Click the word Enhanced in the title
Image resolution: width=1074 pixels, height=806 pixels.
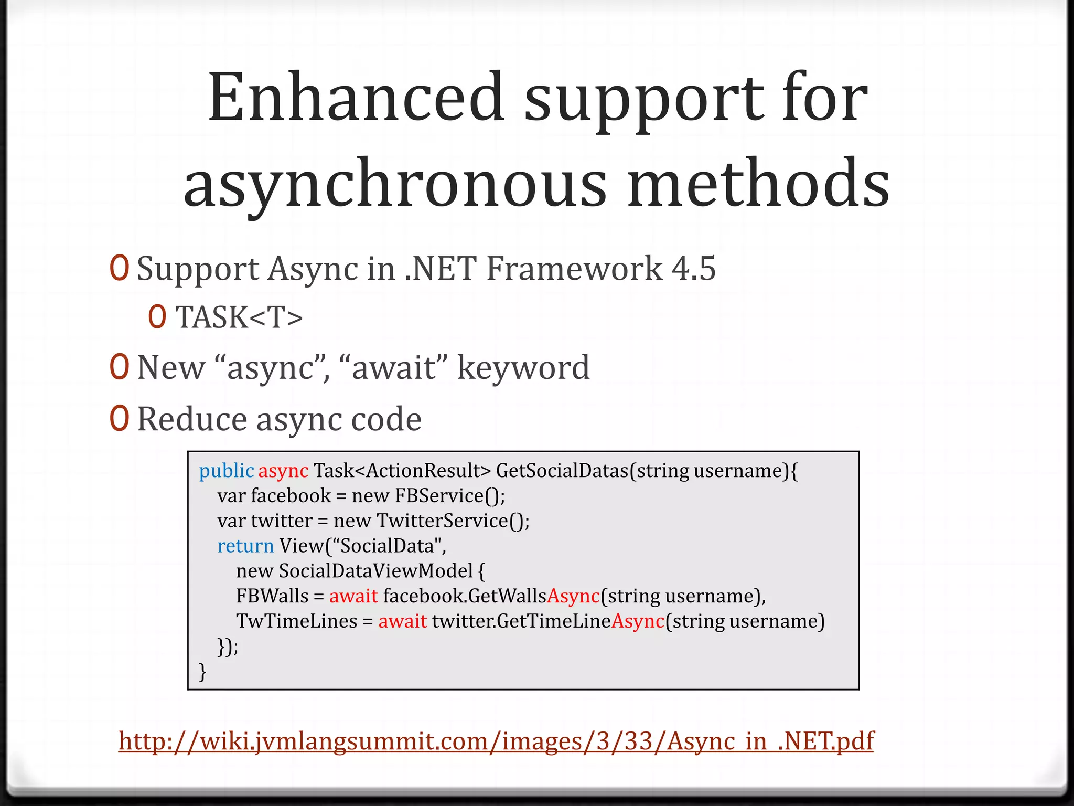(357, 98)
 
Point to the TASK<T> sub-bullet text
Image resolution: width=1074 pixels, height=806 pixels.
(239, 317)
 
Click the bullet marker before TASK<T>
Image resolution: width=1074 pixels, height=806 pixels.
(157, 316)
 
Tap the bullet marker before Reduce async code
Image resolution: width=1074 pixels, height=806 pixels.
(119, 418)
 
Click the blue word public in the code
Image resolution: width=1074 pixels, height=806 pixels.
(226, 471)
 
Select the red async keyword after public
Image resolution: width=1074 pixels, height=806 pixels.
(283, 471)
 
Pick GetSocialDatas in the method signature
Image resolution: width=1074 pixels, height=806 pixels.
(562, 471)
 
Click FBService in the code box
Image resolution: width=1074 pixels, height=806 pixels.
(439, 495)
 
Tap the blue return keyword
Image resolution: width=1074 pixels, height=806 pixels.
(245, 546)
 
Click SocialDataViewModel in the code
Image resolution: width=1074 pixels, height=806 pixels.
(375, 570)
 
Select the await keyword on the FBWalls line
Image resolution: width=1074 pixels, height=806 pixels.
(353, 596)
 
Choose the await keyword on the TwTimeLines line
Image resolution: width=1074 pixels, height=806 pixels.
(402, 621)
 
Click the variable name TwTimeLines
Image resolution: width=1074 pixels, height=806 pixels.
(296, 621)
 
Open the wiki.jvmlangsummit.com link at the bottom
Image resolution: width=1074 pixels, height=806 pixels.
(496, 741)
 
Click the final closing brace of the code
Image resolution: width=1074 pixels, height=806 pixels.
(202, 671)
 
